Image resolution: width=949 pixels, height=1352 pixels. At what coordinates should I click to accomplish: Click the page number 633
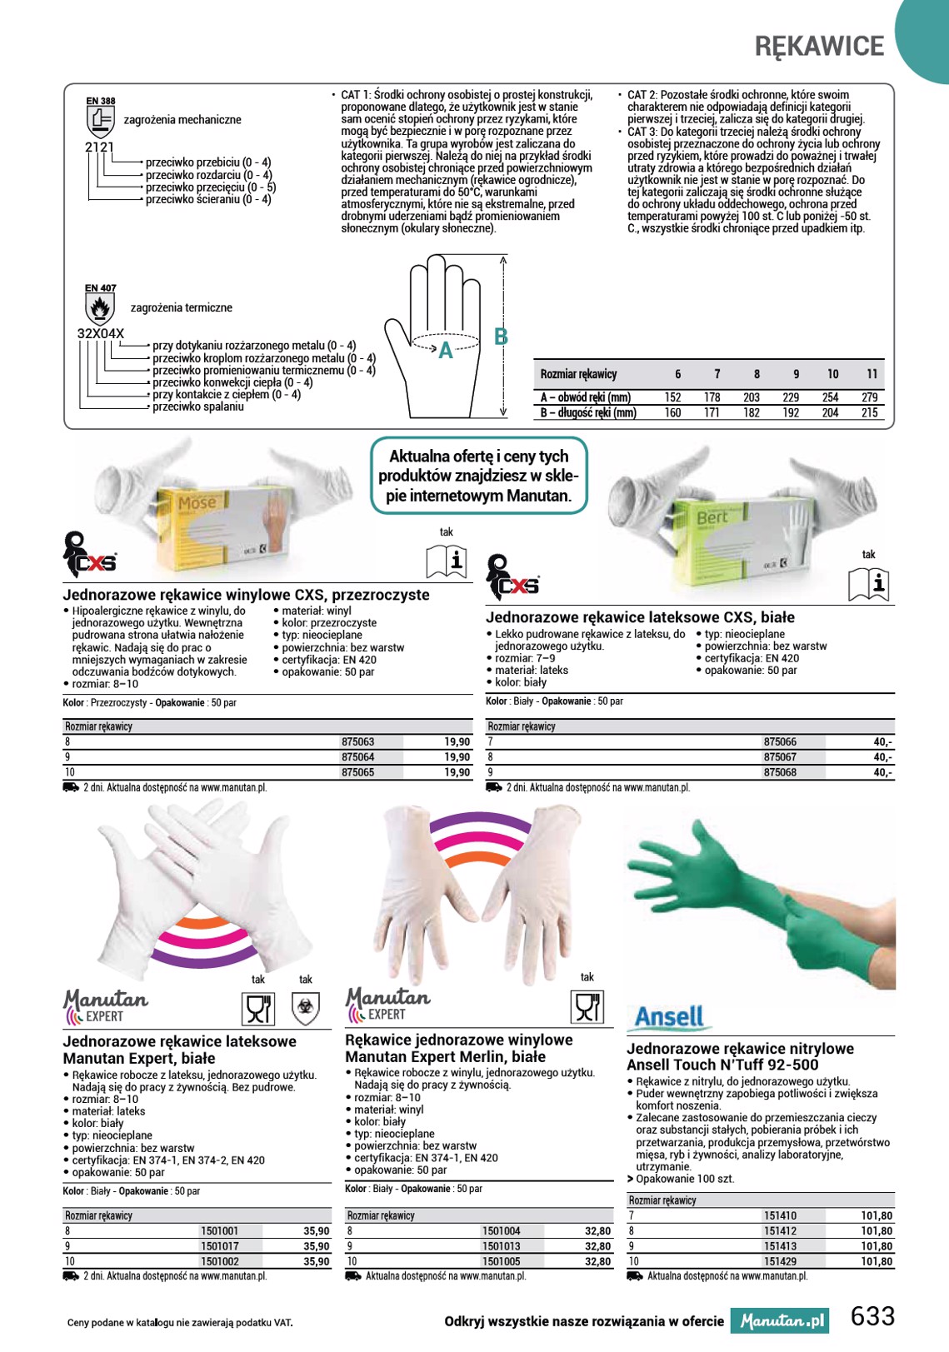click(872, 1316)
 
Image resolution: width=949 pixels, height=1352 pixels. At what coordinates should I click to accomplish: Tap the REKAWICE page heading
click(819, 47)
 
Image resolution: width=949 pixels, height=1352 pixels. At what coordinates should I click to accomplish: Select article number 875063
click(358, 741)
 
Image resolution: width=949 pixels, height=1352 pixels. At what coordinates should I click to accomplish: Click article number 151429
click(780, 1261)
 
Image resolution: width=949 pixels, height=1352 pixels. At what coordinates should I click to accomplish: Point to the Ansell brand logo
click(669, 1016)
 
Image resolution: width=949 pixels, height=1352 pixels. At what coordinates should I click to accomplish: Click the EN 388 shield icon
click(101, 122)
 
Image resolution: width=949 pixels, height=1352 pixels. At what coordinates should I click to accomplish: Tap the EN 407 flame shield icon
click(100, 309)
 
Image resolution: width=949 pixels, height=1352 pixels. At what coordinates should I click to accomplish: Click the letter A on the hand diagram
click(446, 351)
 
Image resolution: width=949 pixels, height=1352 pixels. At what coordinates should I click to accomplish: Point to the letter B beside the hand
click(501, 337)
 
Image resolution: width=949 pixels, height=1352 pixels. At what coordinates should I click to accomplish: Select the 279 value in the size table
click(869, 397)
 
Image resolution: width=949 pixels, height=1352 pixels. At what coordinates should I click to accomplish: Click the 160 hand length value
click(672, 413)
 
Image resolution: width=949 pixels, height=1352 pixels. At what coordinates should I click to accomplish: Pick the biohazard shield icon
click(306, 1009)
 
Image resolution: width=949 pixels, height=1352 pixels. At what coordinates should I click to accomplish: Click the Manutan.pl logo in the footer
click(779, 1321)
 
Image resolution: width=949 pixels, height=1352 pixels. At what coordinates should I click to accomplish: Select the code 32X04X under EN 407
click(100, 334)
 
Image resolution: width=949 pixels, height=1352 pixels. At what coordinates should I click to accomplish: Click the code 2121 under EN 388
click(99, 147)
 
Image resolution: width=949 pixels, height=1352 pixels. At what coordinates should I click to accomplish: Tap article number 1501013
click(501, 1245)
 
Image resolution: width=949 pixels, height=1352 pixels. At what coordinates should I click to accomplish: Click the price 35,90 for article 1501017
click(317, 1245)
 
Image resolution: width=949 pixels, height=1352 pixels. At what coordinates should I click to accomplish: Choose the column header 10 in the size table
click(832, 374)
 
